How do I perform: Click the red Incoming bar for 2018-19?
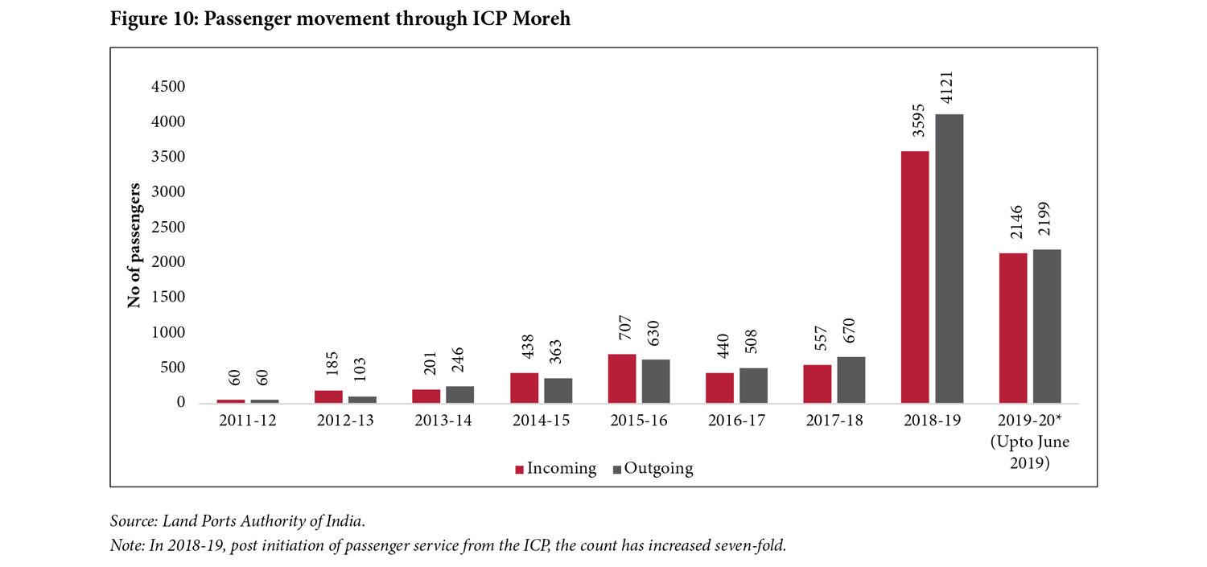click(x=915, y=277)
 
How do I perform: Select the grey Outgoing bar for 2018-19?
click(x=949, y=258)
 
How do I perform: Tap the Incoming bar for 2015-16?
click(x=622, y=378)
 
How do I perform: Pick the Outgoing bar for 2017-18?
click(x=851, y=380)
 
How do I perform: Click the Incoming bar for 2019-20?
click(x=1013, y=327)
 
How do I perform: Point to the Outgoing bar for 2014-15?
click(x=558, y=390)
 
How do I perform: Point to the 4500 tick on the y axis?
click(x=168, y=87)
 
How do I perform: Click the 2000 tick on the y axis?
click(x=168, y=262)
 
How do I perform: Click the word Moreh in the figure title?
click(x=538, y=18)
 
